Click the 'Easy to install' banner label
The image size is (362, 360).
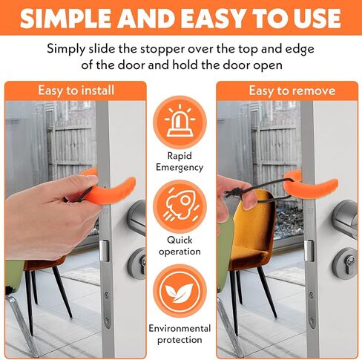76,91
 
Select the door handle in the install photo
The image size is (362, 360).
137,215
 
